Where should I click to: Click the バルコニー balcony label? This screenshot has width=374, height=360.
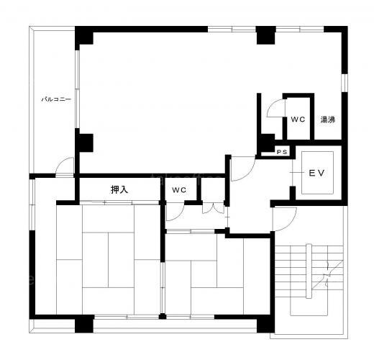(56, 99)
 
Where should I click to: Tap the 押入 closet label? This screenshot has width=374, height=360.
(119, 189)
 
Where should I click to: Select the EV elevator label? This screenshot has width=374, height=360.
(316, 173)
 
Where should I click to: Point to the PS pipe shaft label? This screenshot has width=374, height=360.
(282, 152)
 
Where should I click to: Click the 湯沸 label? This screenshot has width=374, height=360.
(328, 120)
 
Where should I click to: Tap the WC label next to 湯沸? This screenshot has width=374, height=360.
(298, 120)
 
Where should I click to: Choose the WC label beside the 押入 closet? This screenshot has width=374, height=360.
(179, 190)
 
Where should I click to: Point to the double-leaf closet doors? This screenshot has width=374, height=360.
(213, 208)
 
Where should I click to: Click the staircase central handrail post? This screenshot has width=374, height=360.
(309, 271)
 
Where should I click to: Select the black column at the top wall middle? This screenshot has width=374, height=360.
(266, 35)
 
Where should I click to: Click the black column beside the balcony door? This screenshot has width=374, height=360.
(84, 143)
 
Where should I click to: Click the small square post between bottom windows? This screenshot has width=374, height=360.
(163, 316)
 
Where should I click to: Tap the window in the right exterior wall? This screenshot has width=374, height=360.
(345, 83)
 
